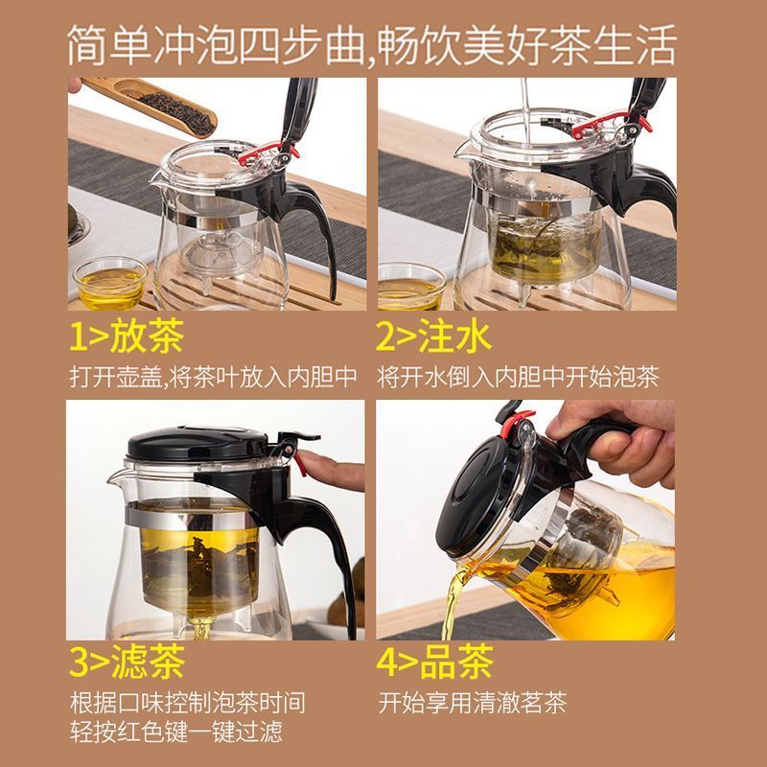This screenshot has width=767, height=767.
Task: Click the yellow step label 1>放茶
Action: click(x=127, y=337)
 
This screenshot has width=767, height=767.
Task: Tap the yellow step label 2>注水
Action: click(x=433, y=337)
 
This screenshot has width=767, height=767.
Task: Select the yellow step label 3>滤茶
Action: click(x=127, y=662)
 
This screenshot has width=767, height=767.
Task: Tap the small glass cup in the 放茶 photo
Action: click(x=110, y=283)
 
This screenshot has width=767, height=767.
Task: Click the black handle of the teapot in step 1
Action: click(x=314, y=225)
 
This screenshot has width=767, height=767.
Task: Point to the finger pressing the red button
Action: click(x=332, y=471)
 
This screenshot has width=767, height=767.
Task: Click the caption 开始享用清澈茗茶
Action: click(x=472, y=703)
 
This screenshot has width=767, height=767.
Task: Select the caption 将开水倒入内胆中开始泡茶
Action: click(x=518, y=377)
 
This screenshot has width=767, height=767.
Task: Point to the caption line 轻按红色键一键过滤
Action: click(x=176, y=732)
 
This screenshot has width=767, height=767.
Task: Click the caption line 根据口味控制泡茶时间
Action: click(x=188, y=703)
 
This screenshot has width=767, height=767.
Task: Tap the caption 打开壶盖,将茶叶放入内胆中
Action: click(x=213, y=377)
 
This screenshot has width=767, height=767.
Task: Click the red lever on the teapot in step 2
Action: click(x=612, y=124)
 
